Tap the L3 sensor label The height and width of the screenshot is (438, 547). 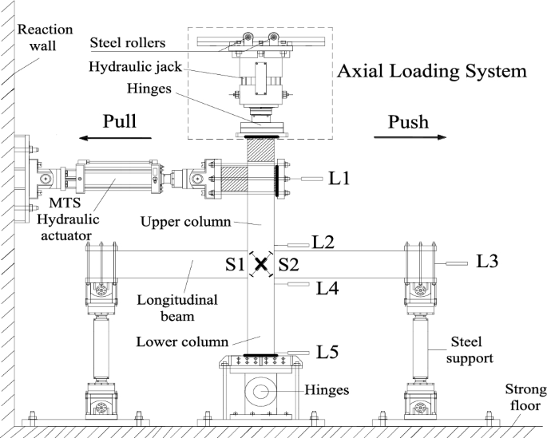point(489,261)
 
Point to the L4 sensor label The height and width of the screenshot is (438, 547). point(327,288)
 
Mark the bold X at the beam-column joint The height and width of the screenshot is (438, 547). point(261,265)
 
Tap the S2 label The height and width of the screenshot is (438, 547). point(288,264)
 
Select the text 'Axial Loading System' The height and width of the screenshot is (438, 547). point(432,71)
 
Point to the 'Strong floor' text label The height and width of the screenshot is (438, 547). point(525,397)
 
